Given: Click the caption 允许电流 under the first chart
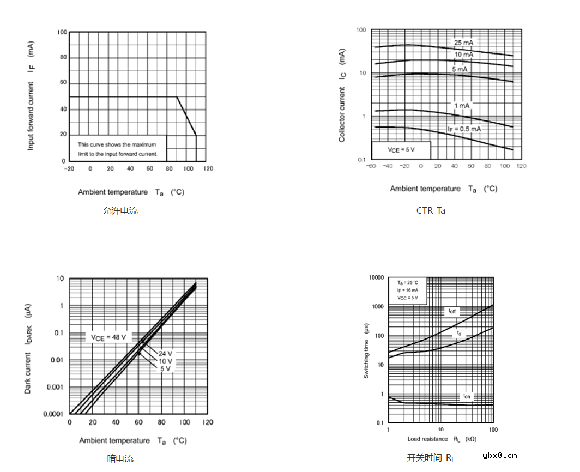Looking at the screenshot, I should [x=120, y=211].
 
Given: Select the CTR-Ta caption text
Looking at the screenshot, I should [x=431, y=210].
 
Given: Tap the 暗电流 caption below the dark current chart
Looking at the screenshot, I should [x=120, y=458].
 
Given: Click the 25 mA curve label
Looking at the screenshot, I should [x=463, y=43].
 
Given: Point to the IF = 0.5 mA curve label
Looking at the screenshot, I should [x=464, y=129].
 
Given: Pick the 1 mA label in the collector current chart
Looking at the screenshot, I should [x=461, y=105].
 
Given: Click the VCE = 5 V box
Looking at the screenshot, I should [x=401, y=149].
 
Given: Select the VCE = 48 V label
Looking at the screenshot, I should [x=108, y=337].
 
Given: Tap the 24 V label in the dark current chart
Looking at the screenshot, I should [x=165, y=353].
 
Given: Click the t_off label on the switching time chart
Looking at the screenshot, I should [x=452, y=311].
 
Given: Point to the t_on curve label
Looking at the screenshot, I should [x=467, y=396].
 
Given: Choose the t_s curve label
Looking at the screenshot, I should [x=459, y=332].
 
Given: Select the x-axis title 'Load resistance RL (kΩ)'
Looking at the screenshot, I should [x=442, y=439].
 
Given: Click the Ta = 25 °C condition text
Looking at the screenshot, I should [x=407, y=282].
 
